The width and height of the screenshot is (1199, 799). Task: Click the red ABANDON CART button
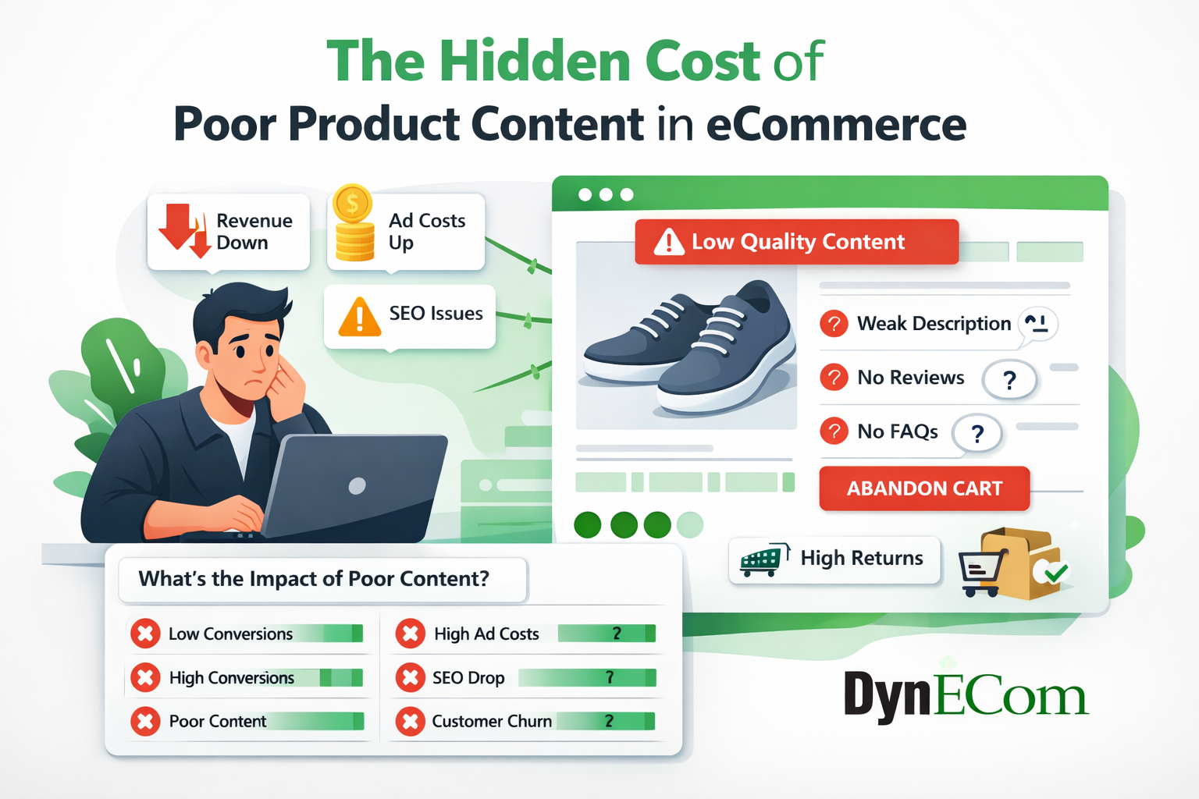point(924,488)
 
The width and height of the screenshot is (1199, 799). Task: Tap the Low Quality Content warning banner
point(796,242)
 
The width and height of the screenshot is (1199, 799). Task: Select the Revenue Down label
point(254,232)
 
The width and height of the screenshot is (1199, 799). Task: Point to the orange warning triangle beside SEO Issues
point(360,317)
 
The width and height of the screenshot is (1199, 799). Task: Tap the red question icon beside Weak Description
point(834,323)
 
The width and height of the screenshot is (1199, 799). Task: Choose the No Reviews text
point(910,378)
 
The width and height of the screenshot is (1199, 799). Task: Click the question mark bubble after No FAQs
point(977,434)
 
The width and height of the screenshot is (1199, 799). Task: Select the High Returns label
point(861,558)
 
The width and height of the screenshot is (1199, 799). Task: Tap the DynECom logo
point(965,694)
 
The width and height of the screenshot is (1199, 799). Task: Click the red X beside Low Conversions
point(145,634)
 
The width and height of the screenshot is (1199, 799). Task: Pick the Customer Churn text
point(491,721)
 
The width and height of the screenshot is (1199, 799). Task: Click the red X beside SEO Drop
point(410,677)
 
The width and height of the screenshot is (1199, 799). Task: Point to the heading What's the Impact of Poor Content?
point(314,579)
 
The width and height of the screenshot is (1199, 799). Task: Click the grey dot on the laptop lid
point(357,486)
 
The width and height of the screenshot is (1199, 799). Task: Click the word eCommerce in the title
point(836,125)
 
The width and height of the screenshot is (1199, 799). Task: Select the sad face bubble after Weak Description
point(1038,323)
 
